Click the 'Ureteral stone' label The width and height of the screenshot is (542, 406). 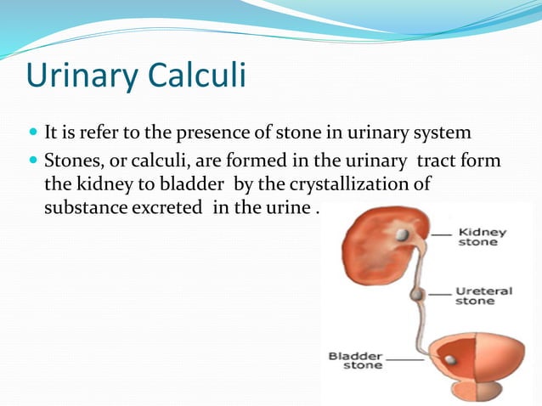click(x=483, y=295)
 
